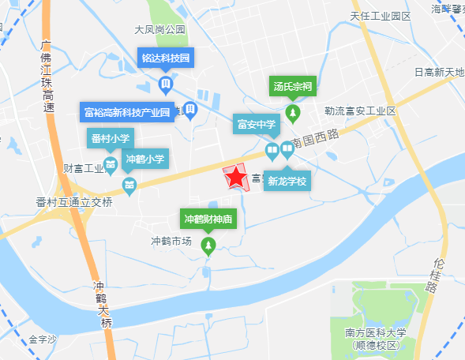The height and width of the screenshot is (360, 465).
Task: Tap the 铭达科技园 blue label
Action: coord(166,58)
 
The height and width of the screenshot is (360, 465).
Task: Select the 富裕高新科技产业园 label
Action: coord(127,112)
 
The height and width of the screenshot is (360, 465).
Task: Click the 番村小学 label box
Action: coord(111,139)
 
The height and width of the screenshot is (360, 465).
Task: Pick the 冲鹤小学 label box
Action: coord(145,159)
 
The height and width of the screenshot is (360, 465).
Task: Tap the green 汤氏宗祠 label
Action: coord(293,86)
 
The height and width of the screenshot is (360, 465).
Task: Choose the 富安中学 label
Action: coord(256,124)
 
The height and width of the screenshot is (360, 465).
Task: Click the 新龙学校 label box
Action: coord(286,182)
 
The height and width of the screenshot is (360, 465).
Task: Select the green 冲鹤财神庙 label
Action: coord(208,219)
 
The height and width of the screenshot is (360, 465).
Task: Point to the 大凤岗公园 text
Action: coord(159,30)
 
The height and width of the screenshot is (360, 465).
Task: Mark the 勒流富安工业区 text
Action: coord(359,111)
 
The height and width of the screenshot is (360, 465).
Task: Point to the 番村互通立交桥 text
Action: coord(74,202)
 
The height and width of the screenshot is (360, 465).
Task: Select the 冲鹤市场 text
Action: coord(171,242)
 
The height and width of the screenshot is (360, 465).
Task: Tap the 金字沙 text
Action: coord(43,339)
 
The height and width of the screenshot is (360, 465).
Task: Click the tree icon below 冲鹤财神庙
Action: coord(208,249)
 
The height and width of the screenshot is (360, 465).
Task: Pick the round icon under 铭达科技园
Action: coord(166,84)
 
